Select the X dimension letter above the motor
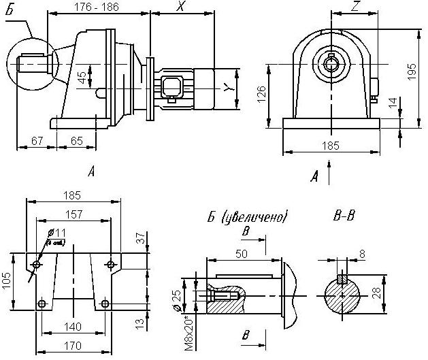click(180, 6)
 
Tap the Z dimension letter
click(356, 7)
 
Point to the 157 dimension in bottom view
click(73, 214)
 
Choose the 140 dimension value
click(73, 326)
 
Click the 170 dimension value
click(72, 346)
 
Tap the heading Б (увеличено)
click(248, 218)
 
